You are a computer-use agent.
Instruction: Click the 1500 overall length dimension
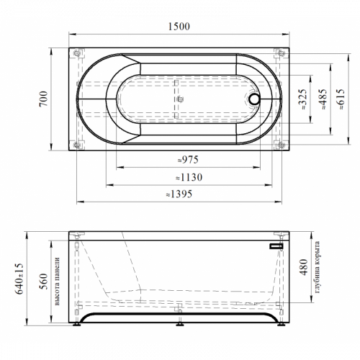pos(179,27)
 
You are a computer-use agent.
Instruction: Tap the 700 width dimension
pos(44,99)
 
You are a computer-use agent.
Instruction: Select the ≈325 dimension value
pos(302,99)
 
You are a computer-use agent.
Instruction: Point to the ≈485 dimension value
pos(323,99)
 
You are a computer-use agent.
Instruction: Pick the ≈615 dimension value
pos(341,99)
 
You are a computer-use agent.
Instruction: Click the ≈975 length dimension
pos(188,160)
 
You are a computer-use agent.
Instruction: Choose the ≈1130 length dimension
pos(189,177)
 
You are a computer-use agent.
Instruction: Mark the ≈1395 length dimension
pos(179,194)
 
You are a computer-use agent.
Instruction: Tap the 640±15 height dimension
pos(19,279)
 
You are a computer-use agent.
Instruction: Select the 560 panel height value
pos(44,281)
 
